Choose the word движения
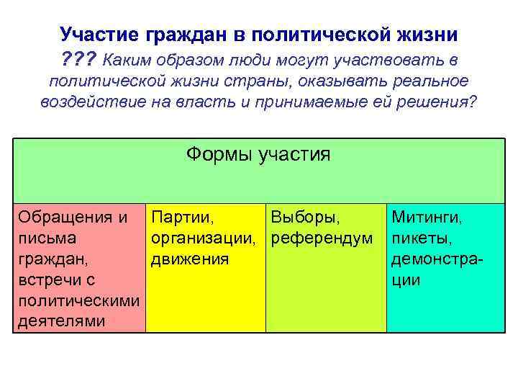click(190, 258)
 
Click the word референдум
click(321, 237)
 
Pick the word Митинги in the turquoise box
click(427, 216)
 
